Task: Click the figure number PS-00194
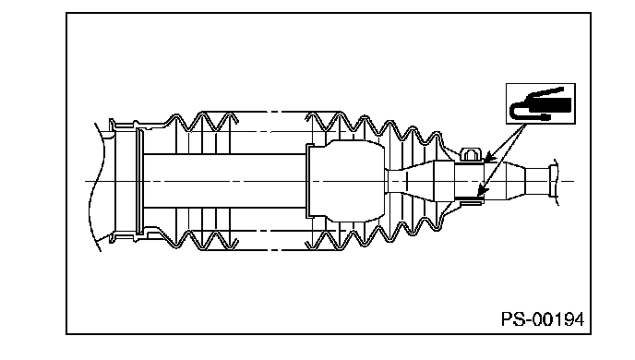tap(543, 319)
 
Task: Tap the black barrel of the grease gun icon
tap(551, 105)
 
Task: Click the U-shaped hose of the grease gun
tap(522, 112)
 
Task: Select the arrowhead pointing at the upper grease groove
tap(489, 157)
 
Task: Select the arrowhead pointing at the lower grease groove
tap(482, 191)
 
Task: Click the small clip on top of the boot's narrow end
tap(470, 154)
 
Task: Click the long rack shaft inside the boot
tap(225, 181)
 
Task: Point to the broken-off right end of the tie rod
tap(554, 182)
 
